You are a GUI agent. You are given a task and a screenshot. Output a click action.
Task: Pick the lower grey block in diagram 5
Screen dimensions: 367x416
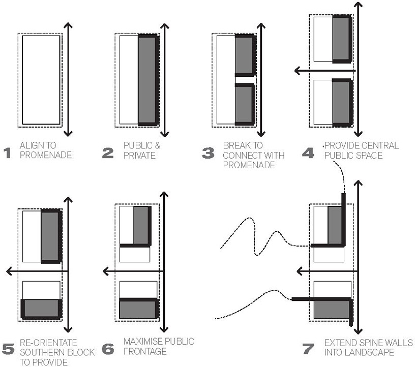pos(41,308)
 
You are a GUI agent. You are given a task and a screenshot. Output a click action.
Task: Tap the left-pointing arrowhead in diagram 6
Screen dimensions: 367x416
pos(105,272)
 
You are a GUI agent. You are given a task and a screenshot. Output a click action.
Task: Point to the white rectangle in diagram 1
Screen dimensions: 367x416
pos(41,79)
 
